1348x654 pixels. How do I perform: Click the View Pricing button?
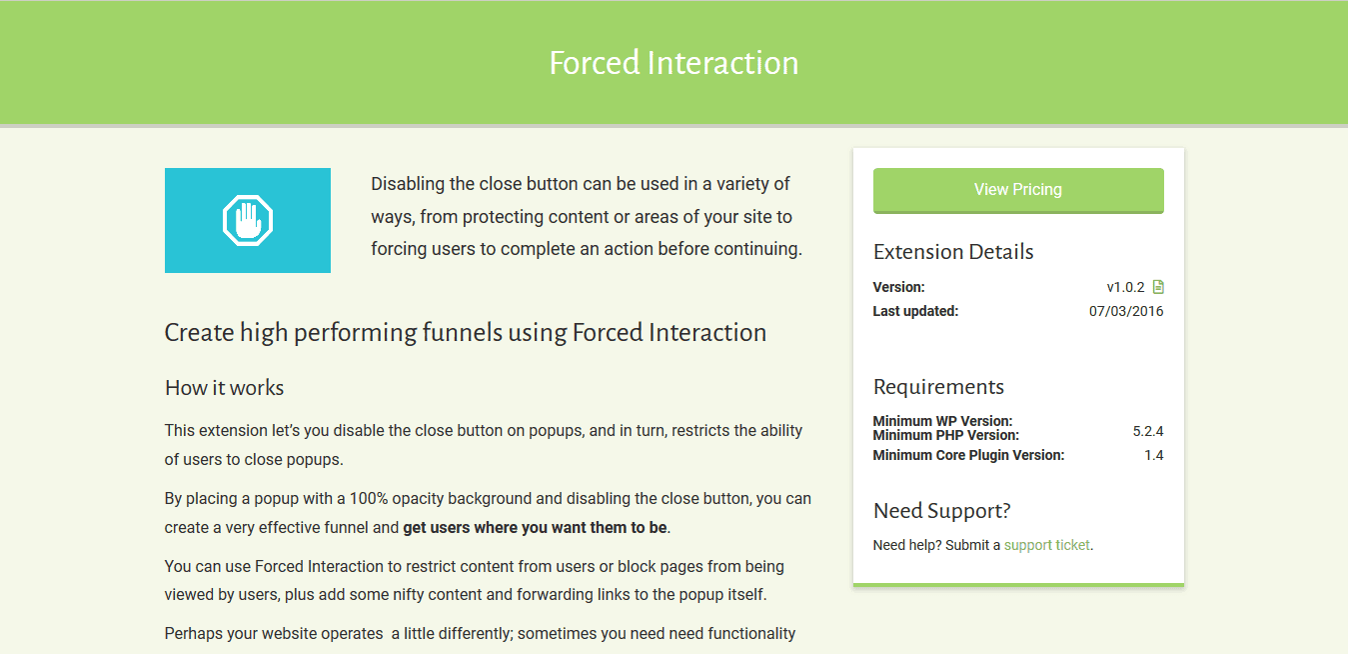pyautogui.click(x=1018, y=190)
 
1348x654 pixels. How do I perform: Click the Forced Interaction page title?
pyautogui.click(x=674, y=63)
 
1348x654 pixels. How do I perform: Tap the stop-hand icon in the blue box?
pyautogui.click(x=248, y=220)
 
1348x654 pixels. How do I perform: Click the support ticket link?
pyautogui.click(x=1046, y=545)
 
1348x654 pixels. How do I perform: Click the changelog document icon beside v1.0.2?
pyautogui.click(x=1158, y=287)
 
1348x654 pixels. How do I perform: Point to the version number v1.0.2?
pyautogui.click(x=1125, y=287)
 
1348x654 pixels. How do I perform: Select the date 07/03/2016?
pyautogui.click(x=1126, y=311)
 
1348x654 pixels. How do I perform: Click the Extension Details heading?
pyautogui.click(x=953, y=252)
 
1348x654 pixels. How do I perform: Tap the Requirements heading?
pyautogui.click(x=938, y=387)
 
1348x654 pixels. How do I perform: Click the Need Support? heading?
pyautogui.click(x=941, y=511)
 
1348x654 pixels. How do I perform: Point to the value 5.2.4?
pyautogui.click(x=1147, y=431)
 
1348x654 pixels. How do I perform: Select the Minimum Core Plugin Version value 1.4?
pyautogui.click(x=1153, y=455)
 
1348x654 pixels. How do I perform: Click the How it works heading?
pyautogui.click(x=224, y=388)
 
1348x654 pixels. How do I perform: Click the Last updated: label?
pyautogui.click(x=915, y=311)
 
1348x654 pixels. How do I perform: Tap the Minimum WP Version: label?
pyautogui.click(x=942, y=421)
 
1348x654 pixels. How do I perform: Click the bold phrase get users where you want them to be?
pyautogui.click(x=535, y=528)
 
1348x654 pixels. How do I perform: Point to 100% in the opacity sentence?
pyautogui.click(x=369, y=499)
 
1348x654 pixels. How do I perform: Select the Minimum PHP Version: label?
pyautogui.click(x=946, y=435)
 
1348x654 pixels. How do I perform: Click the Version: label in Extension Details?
pyautogui.click(x=898, y=287)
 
